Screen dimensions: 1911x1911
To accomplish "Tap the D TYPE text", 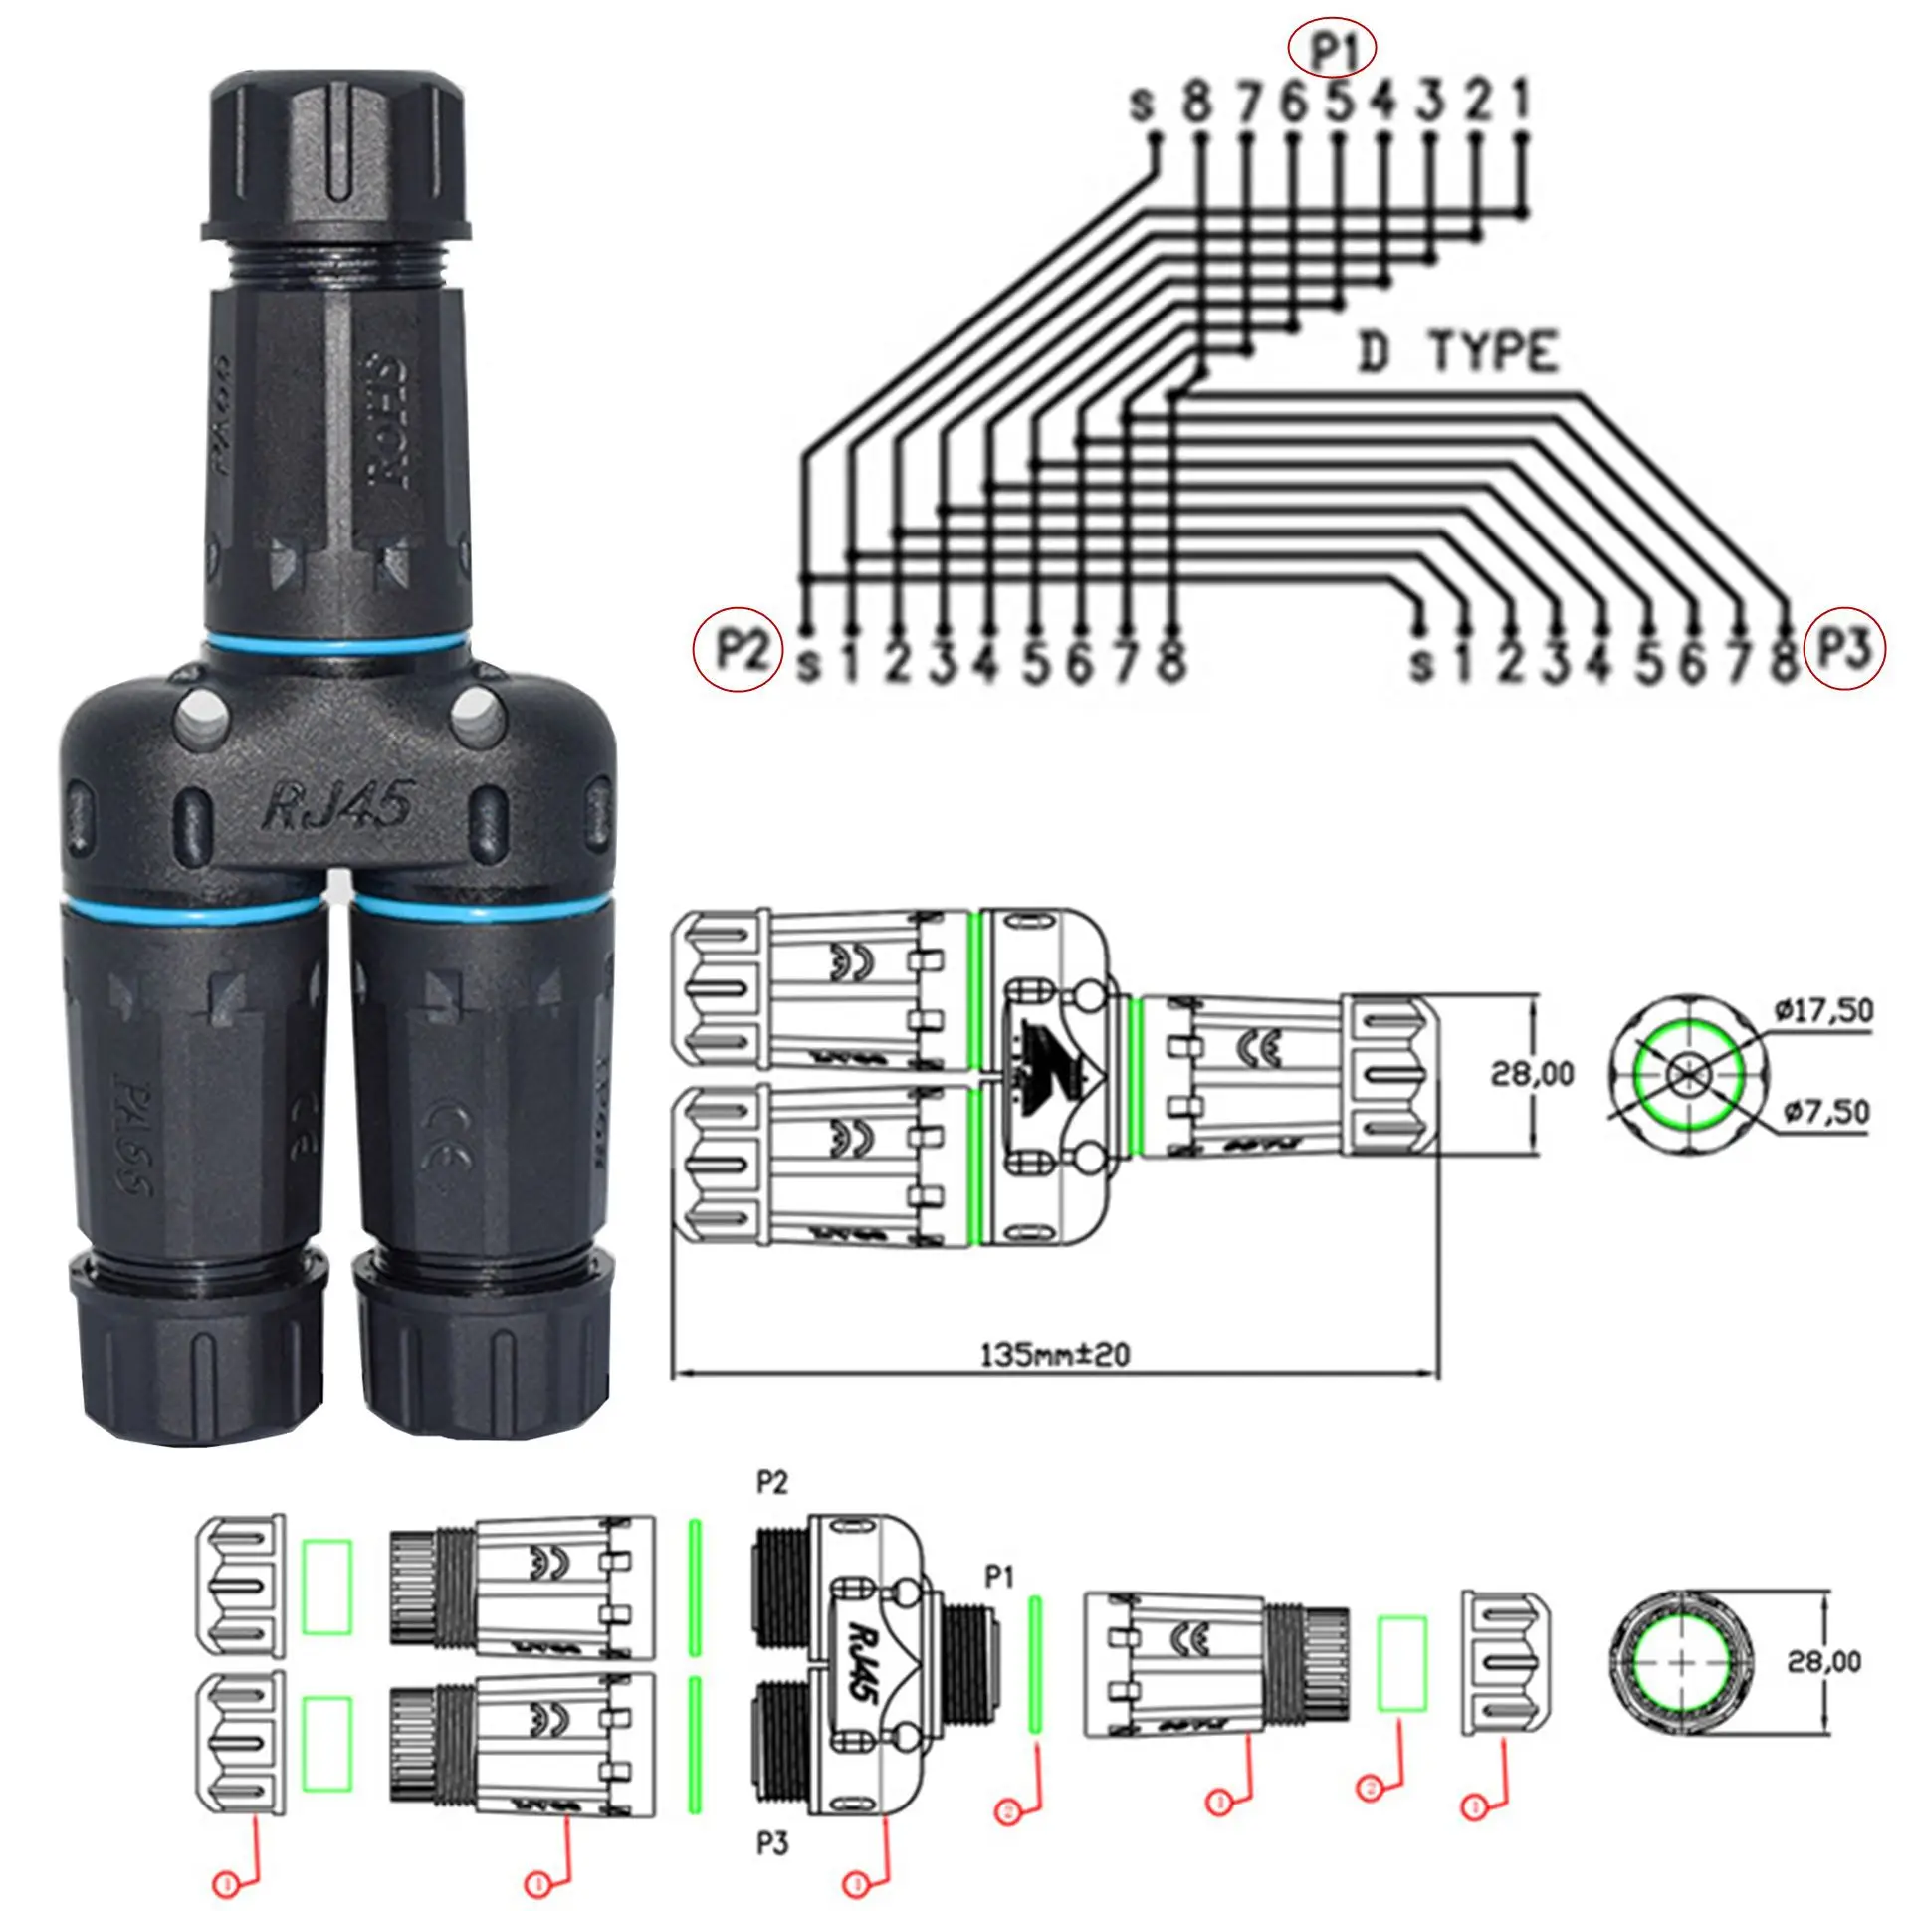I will [1456, 353].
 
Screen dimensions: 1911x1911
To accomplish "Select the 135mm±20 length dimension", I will [1055, 1355].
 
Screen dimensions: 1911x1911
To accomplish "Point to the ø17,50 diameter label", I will [1822, 1011].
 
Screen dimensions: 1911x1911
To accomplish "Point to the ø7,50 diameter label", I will [1826, 1111].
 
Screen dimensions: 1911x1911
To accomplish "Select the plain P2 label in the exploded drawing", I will [771, 1482].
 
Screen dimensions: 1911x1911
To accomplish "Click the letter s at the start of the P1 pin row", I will [1143, 104].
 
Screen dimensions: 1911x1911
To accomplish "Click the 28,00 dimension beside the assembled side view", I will [1533, 1074].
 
